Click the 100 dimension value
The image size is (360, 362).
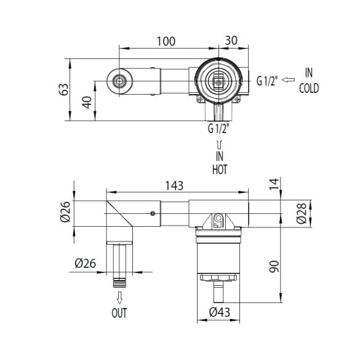tap(166, 41)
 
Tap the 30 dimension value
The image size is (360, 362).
tap(231, 41)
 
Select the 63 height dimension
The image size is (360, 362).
tap(63, 89)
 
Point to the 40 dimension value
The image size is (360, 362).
tap(87, 103)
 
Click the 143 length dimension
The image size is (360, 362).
tap(174, 186)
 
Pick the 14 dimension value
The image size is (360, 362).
tap(274, 184)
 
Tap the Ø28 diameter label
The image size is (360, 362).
tap(302, 213)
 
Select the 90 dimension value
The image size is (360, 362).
tap(274, 266)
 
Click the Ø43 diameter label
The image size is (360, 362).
tap(220, 312)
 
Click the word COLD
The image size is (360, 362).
tap(309, 88)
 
